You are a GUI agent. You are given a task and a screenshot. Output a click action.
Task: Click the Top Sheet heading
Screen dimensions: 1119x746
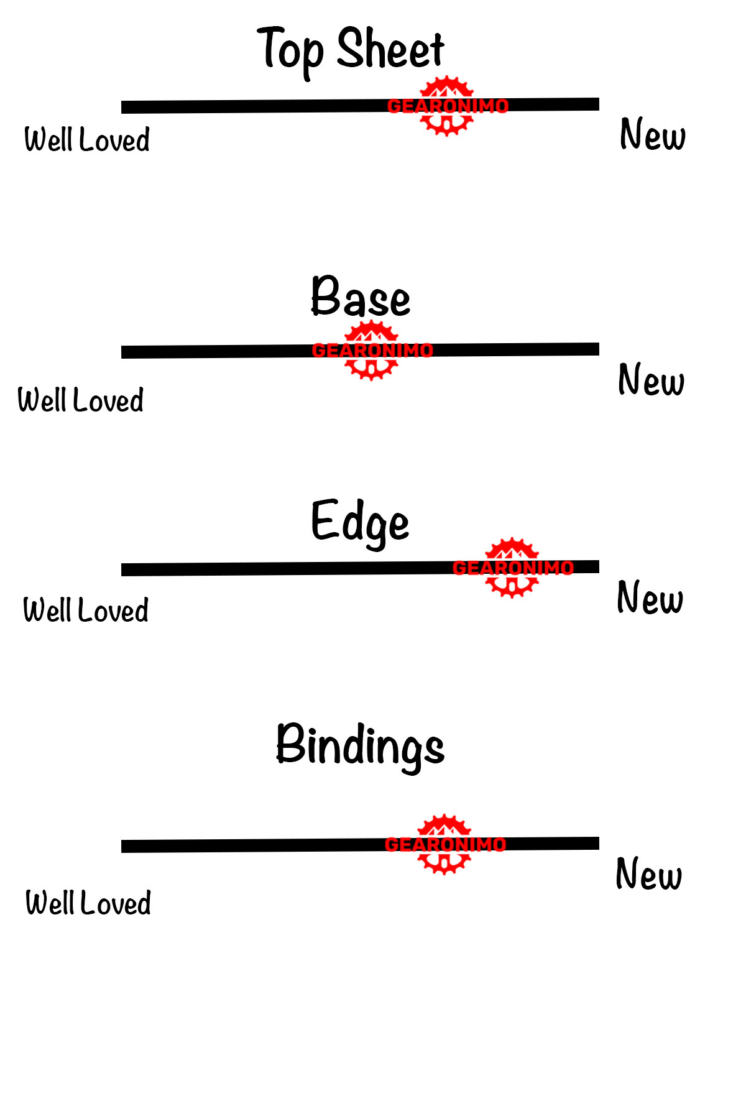point(351,50)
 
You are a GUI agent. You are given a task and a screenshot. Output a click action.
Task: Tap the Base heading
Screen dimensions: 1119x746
point(361,297)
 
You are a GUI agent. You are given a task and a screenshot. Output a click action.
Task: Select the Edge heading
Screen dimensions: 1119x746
point(360,522)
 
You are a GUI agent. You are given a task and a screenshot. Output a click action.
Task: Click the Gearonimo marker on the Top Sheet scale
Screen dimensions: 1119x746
point(447,106)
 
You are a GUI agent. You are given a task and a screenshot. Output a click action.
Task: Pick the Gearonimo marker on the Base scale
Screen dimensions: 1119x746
point(372,351)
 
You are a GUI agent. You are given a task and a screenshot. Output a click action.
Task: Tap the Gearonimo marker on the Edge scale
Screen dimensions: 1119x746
point(512,568)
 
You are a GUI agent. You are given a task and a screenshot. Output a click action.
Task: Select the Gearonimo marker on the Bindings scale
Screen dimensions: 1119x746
point(444,844)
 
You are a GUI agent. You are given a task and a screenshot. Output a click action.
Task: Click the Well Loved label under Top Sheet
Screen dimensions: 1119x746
point(87,139)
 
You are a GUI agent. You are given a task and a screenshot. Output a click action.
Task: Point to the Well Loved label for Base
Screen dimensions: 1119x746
point(81,400)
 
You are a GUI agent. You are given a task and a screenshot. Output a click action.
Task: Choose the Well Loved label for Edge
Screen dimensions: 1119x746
point(86,610)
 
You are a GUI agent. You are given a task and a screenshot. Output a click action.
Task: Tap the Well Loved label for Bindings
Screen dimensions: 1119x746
point(88,903)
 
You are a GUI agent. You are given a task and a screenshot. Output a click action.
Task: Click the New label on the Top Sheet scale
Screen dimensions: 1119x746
point(653,134)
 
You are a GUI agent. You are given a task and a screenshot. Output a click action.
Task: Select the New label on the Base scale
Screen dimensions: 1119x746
point(651,380)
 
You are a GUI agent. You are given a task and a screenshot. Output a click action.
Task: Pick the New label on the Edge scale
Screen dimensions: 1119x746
point(650,597)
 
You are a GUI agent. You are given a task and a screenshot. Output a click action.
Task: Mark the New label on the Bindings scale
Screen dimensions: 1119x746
point(648,874)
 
